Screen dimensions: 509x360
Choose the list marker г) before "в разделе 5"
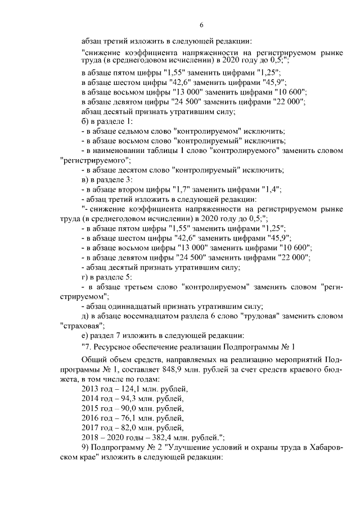pyautogui.click(x=85, y=277)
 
